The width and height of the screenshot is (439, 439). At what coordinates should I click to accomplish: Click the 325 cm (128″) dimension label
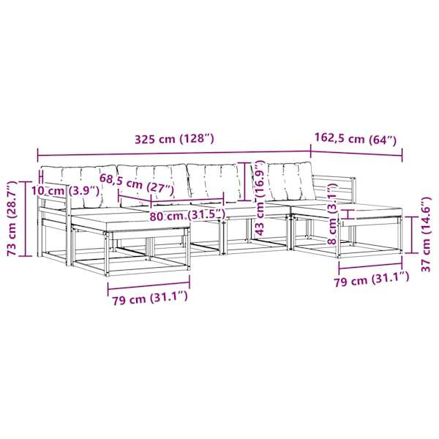point(174,139)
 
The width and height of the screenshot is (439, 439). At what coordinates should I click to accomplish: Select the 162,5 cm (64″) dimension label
point(356,139)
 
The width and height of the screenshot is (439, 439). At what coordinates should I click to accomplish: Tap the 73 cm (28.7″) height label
point(12,218)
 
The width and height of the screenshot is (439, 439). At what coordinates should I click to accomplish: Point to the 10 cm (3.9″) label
point(65,191)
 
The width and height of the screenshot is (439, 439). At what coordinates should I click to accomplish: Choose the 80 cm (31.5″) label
point(187,215)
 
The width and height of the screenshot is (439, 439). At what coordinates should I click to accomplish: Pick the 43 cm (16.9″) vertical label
point(260,198)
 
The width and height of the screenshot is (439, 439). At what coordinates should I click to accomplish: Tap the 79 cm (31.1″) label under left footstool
point(150,298)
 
